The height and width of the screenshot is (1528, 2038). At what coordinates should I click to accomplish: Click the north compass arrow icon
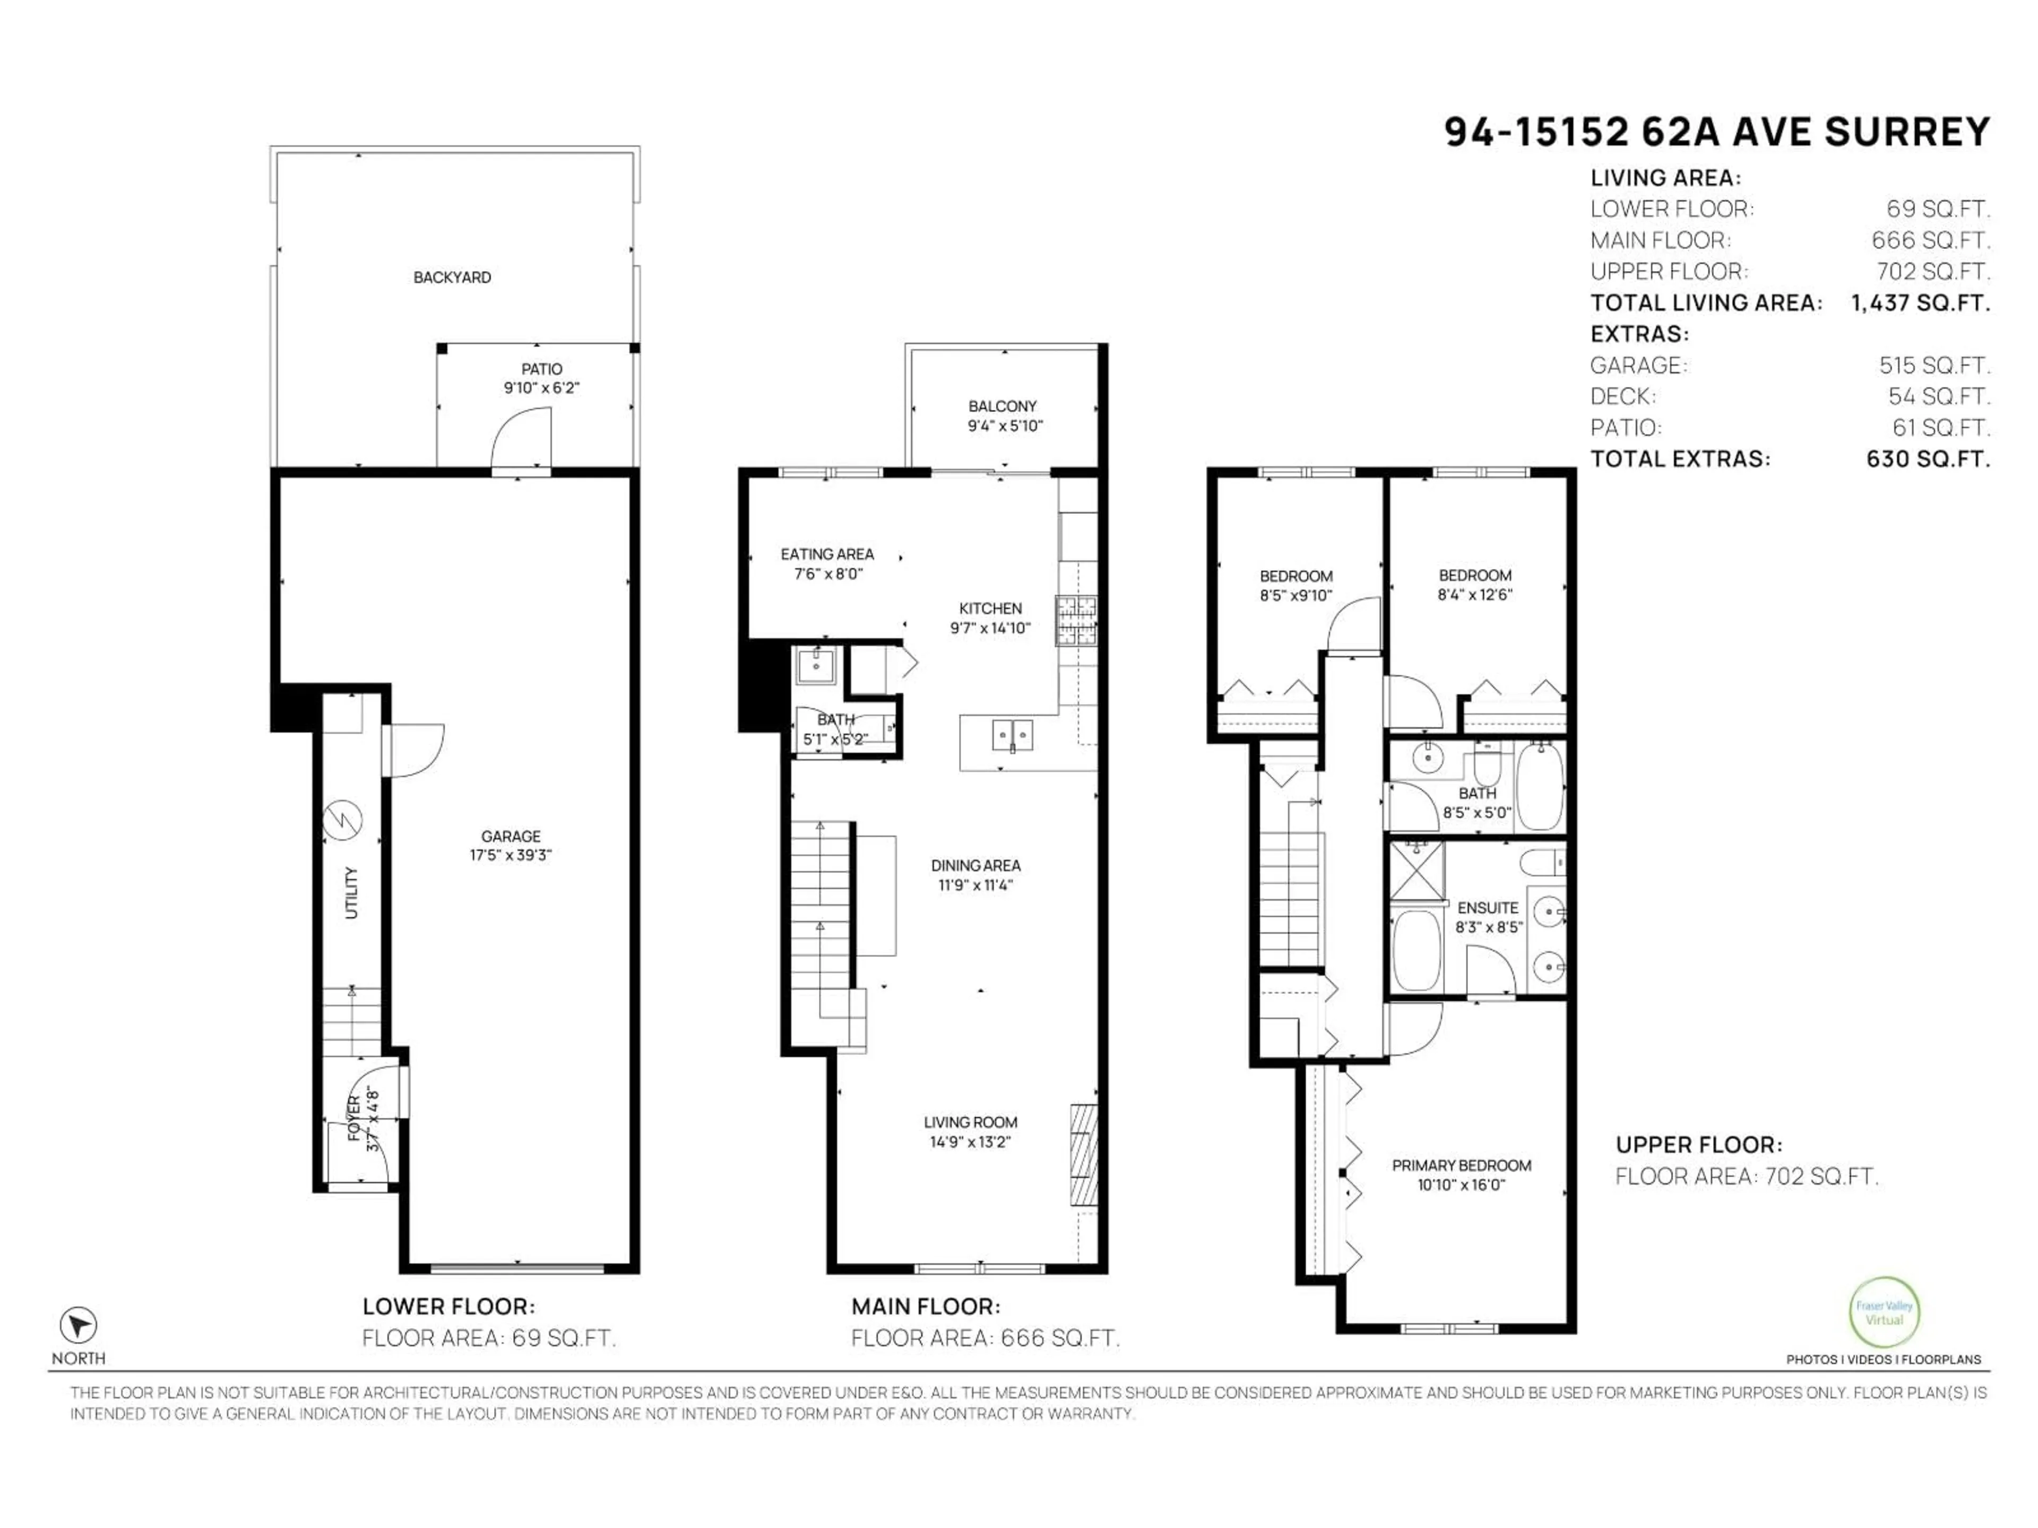pyautogui.click(x=79, y=1325)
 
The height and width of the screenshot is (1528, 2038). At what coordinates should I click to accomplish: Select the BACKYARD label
pyautogui.click(x=452, y=277)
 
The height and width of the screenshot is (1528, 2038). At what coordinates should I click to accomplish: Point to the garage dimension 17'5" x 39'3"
pyautogui.click(x=511, y=855)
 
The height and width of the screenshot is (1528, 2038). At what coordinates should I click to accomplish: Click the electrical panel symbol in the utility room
pyautogui.click(x=343, y=819)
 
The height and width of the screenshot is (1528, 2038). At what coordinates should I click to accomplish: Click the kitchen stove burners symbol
pyautogui.click(x=1076, y=619)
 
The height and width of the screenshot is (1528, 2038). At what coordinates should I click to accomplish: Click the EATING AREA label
pyautogui.click(x=826, y=554)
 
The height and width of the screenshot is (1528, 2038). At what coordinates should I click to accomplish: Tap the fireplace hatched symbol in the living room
pyautogui.click(x=1084, y=1154)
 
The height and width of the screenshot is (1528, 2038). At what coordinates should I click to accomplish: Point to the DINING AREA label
pyautogui.click(x=975, y=866)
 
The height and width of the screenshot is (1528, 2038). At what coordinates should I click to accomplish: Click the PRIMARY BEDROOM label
pyautogui.click(x=1461, y=1165)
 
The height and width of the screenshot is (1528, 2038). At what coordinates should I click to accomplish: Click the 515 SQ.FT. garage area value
pyautogui.click(x=1934, y=366)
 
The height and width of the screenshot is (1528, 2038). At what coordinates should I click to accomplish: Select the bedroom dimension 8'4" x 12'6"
pyautogui.click(x=1474, y=595)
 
